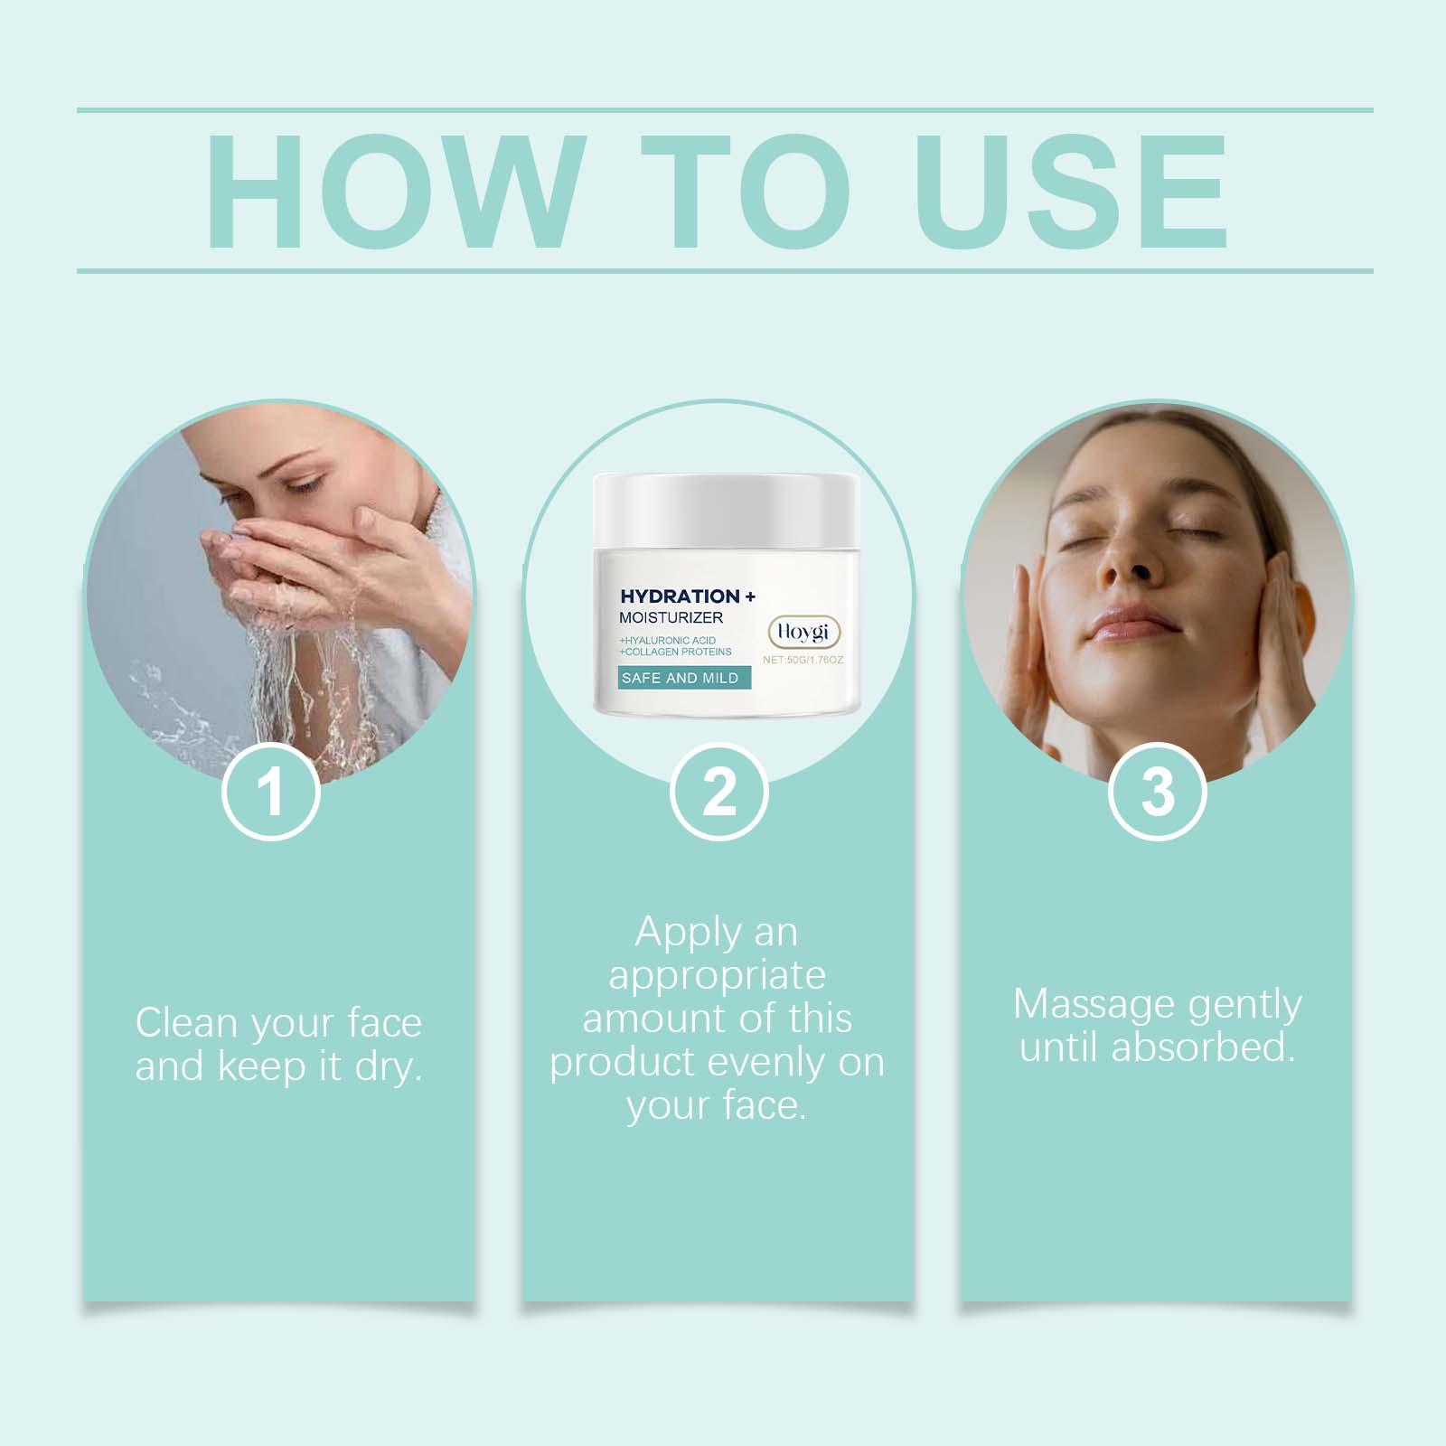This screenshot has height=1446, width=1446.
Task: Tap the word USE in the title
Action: coord(1076,191)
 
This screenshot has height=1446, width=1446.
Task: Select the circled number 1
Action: coord(271,792)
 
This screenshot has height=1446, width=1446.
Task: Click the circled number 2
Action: coord(719,792)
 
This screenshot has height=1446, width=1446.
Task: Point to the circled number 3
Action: coord(1158,792)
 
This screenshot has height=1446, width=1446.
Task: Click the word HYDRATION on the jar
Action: coord(680,596)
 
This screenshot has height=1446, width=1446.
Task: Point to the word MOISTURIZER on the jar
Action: coord(671,618)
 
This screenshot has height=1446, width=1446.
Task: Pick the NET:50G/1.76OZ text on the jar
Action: coord(803,660)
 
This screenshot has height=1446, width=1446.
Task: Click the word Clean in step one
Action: coord(187,1023)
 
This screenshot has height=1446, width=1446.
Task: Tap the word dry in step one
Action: coord(389,1068)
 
